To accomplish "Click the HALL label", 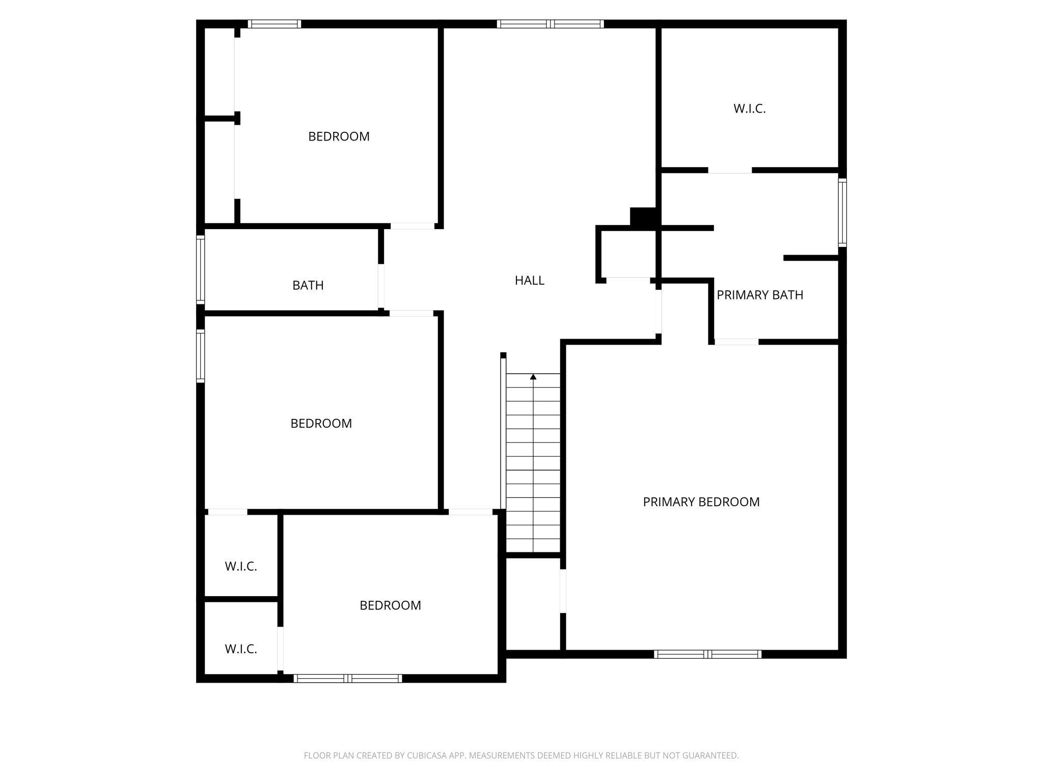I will [529, 281].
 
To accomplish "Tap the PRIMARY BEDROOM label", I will [701, 502].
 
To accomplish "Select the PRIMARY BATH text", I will [759, 295].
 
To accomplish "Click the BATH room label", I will [308, 286].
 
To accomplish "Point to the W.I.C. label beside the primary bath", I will [749, 109].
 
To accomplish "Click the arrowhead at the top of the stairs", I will [533, 377].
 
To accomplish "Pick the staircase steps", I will [533, 463].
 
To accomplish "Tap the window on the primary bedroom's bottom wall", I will [707, 654].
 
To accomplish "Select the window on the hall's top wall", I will [550, 24].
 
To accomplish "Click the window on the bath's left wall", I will [201, 270].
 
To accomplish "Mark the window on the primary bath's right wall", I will [842, 213].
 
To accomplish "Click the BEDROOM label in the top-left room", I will [339, 137].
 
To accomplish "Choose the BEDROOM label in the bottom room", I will [390, 606].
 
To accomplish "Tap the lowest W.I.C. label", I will [241, 649].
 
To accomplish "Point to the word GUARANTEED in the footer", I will [710, 756].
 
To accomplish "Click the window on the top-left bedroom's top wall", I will [274, 24].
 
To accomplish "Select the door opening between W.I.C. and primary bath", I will [730, 171].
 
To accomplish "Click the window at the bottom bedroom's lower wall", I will [348, 678].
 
